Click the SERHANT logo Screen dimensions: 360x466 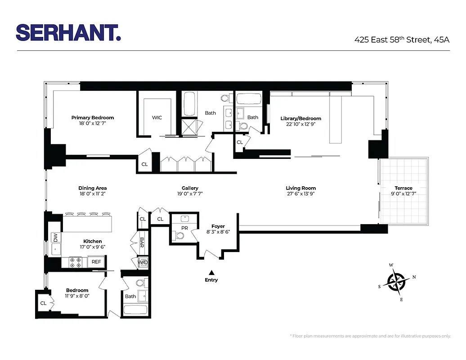pos(68,32)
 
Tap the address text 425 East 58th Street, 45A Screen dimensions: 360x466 pos(402,40)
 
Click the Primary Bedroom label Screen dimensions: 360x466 pos(93,118)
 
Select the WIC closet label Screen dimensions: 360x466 pos(157,117)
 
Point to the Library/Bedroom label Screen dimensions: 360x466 pos(300,119)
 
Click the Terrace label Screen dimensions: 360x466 pos(403,188)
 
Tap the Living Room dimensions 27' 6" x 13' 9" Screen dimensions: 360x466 pos(300,194)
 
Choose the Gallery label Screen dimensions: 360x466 pos(190,188)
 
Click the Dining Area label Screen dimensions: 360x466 pos(93,188)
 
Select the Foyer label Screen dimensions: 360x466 pos(218,226)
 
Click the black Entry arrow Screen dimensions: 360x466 pos(211,272)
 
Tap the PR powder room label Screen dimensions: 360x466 pos(185,228)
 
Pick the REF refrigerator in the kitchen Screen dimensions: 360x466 pos(96,261)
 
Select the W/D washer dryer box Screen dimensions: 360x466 pos(143,262)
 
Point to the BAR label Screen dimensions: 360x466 pos(142,243)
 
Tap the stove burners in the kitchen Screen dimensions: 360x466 pos(75,261)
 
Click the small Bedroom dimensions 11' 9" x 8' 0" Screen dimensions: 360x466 pos(77,296)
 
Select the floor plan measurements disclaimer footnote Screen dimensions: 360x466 pos(370,336)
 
